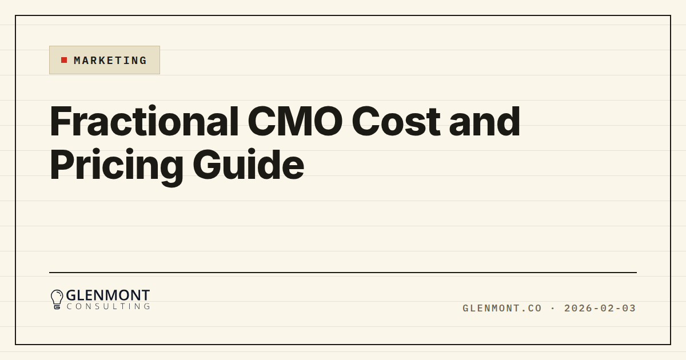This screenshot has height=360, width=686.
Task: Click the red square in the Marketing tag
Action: [x=64, y=60]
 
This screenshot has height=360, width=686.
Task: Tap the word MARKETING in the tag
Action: [x=110, y=61]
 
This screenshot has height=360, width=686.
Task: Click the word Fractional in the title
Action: [x=144, y=121]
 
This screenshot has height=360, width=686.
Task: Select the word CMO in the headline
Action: [x=295, y=121]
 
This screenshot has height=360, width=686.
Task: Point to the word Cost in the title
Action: [x=396, y=121]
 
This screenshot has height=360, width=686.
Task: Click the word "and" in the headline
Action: [x=485, y=121]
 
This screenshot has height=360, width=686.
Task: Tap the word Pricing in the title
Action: [x=117, y=166]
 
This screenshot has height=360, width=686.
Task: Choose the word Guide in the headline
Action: [x=248, y=165]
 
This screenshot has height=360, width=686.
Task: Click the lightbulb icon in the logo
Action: [x=57, y=299]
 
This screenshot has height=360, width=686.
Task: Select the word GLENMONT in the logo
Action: [x=108, y=295]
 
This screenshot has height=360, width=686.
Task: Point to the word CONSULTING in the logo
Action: [x=109, y=306]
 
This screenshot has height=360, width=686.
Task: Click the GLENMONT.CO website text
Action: [x=502, y=308]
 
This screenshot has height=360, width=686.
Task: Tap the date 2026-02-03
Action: [x=600, y=308]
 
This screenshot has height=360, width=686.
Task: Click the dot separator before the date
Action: [x=553, y=308]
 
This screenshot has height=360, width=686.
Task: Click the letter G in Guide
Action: [x=208, y=165]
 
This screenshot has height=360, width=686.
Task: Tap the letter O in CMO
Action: [x=327, y=121]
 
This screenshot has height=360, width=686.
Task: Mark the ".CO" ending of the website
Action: [x=531, y=308]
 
